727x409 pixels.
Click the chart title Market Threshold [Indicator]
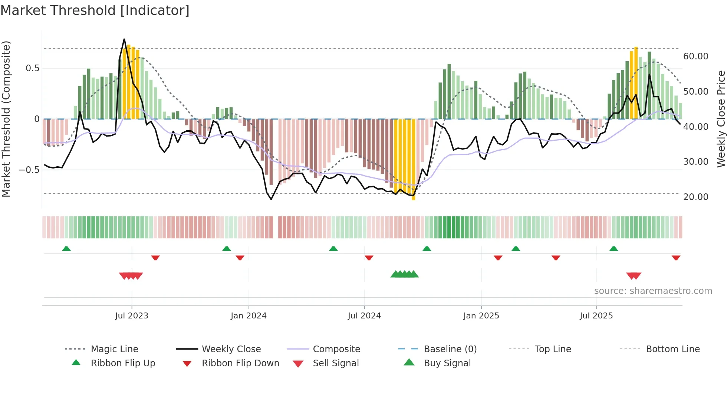(95, 10)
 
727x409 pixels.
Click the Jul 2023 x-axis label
(132, 316)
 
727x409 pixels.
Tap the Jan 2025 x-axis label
(481, 316)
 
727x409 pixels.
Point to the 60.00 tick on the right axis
(695, 56)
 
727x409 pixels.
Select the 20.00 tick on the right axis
(695, 197)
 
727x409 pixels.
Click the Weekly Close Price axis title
(721, 119)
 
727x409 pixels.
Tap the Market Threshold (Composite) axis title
(6, 119)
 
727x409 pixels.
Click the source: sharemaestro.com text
(653, 291)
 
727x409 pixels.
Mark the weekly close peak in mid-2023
(124, 39)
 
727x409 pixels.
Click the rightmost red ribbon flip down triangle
(676, 258)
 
